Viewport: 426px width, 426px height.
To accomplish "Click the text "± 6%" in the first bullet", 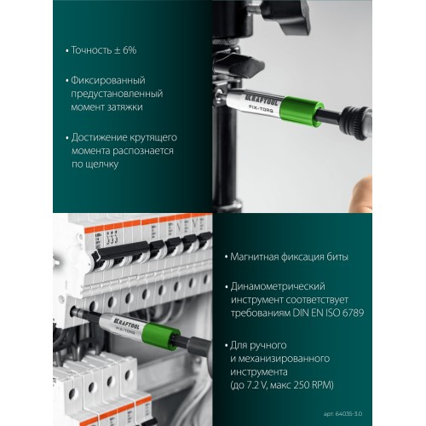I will [x=125, y=50].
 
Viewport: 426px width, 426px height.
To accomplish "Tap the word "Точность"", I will [x=92, y=50].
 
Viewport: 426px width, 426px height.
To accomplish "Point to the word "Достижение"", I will [x=99, y=137].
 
